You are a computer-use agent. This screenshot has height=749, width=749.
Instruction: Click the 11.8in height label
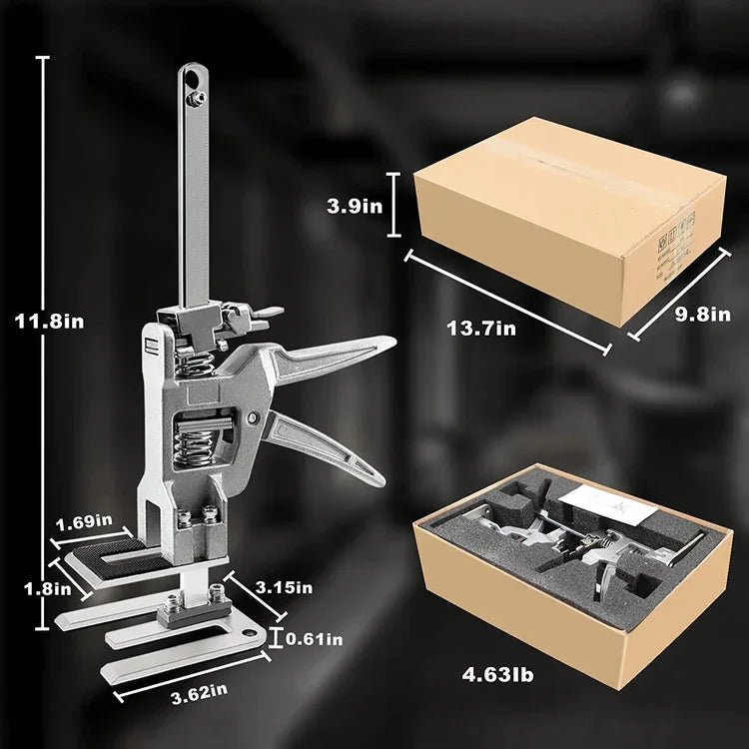[x=49, y=321]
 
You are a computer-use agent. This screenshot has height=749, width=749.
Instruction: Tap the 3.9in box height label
[x=355, y=206]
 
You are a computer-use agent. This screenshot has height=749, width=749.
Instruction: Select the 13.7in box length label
[x=481, y=329]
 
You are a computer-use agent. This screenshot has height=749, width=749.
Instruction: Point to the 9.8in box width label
[x=702, y=315]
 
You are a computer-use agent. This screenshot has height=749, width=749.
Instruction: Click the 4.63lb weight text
[x=497, y=675]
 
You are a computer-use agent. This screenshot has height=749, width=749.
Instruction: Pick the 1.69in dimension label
[x=84, y=522]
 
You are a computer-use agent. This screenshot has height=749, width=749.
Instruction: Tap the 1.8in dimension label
[x=48, y=588]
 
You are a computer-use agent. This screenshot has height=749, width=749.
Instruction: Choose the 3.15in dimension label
[x=284, y=587]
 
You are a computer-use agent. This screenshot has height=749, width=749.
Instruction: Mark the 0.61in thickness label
[x=315, y=639]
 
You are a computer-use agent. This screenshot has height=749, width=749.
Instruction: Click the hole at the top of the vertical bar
[x=193, y=78]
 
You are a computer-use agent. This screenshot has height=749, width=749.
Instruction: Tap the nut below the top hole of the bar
[x=197, y=99]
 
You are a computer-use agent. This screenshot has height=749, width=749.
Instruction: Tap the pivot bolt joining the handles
[x=252, y=418]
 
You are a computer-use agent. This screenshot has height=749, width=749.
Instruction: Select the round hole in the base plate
[x=249, y=633]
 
